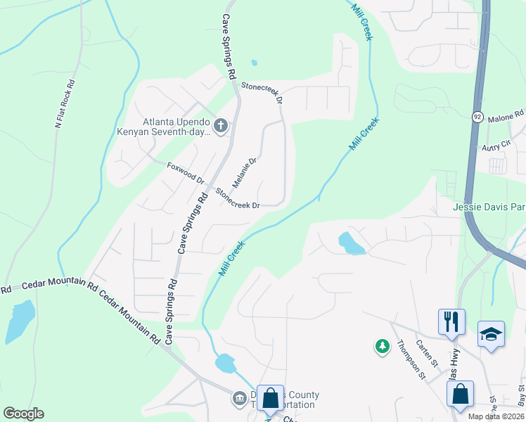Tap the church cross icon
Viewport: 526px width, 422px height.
[220, 126]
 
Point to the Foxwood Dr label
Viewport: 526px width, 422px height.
[186, 173]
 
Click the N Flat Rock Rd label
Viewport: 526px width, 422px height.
[65, 103]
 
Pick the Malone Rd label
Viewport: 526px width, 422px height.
[506, 114]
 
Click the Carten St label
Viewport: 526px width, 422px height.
[426, 353]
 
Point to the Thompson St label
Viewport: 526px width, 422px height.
[411, 359]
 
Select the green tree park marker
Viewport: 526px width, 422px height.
[382, 346]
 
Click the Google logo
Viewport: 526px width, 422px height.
[23, 414]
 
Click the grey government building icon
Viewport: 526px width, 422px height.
[238, 399]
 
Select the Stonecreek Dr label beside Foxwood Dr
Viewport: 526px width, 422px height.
[238, 198]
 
